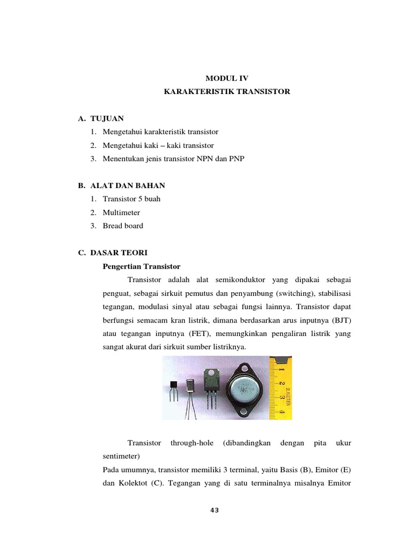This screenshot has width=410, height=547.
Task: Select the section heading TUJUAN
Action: (107, 118)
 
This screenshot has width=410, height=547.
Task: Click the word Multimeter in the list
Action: (122, 212)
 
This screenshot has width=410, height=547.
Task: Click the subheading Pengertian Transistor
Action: (141, 266)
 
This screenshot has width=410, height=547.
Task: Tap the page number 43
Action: (215, 510)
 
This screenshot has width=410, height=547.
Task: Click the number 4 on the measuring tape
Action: (282, 411)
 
